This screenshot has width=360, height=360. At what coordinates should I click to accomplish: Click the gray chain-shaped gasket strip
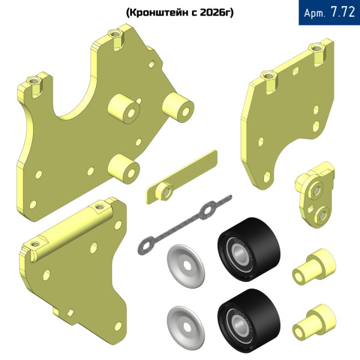point(186,226)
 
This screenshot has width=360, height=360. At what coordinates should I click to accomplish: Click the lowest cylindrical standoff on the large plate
point(124,167)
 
